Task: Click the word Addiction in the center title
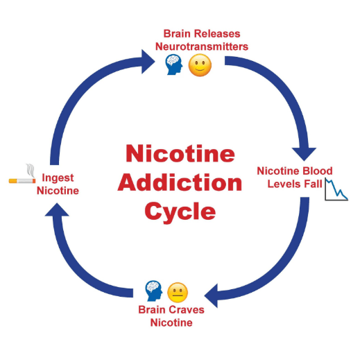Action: click(180, 183)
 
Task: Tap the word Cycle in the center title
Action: click(180, 212)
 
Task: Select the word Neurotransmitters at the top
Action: click(202, 46)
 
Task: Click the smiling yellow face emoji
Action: click(200, 65)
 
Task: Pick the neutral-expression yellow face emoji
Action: click(178, 293)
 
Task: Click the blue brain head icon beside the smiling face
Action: click(174, 64)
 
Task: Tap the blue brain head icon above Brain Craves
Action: click(154, 291)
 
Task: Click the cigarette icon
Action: click(22, 180)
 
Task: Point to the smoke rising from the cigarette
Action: click(31, 171)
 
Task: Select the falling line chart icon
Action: click(336, 189)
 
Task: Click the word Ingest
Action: click(58, 178)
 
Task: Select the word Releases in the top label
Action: click(217, 34)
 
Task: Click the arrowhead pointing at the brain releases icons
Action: click(147, 62)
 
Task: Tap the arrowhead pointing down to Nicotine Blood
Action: click(304, 153)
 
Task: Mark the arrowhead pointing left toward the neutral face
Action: click(212, 295)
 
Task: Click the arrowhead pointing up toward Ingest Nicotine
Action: click(57, 210)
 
